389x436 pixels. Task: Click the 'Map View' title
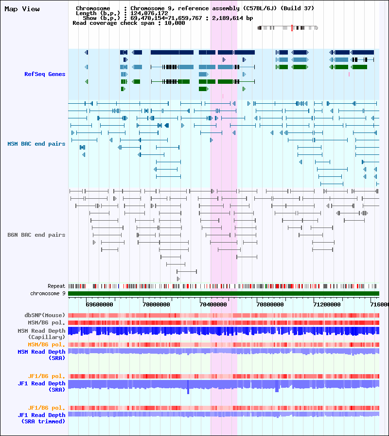[22, 9]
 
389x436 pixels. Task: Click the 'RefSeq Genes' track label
[45, 74]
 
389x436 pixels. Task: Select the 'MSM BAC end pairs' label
[36, 144]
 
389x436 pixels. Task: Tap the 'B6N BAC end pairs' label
[36, 235]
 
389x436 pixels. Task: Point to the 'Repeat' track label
[56, 286]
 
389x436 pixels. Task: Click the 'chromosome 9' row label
[48, 293]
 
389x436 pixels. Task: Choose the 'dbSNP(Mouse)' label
[45, 315]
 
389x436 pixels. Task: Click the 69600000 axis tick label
[99, 304]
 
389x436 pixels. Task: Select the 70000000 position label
[156, 304]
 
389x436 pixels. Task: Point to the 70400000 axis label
[213, 304]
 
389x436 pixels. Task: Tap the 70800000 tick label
[270, 304]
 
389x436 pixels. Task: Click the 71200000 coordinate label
[327, 304]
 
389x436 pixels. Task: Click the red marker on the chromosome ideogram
[292, 28]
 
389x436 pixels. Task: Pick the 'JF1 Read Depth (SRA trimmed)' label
[42, 418]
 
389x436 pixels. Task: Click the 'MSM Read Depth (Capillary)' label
[42, 334]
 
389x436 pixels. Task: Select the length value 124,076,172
[149, 13]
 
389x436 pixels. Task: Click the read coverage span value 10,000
[175, 23]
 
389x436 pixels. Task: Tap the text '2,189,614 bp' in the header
[232, 18]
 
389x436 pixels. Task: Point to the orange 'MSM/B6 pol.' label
[47, 344]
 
